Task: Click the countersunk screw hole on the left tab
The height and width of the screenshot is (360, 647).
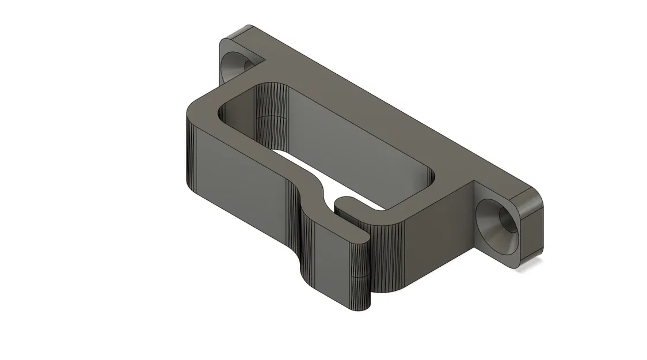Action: coord(237,65)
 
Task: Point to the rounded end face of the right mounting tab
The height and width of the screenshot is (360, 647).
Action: coord(530,230)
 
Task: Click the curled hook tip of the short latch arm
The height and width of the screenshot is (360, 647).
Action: coord(344,202)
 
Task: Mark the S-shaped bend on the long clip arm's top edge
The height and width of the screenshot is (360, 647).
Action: coord(314,183)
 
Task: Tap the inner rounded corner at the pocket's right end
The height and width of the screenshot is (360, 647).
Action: coord(435,176)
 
